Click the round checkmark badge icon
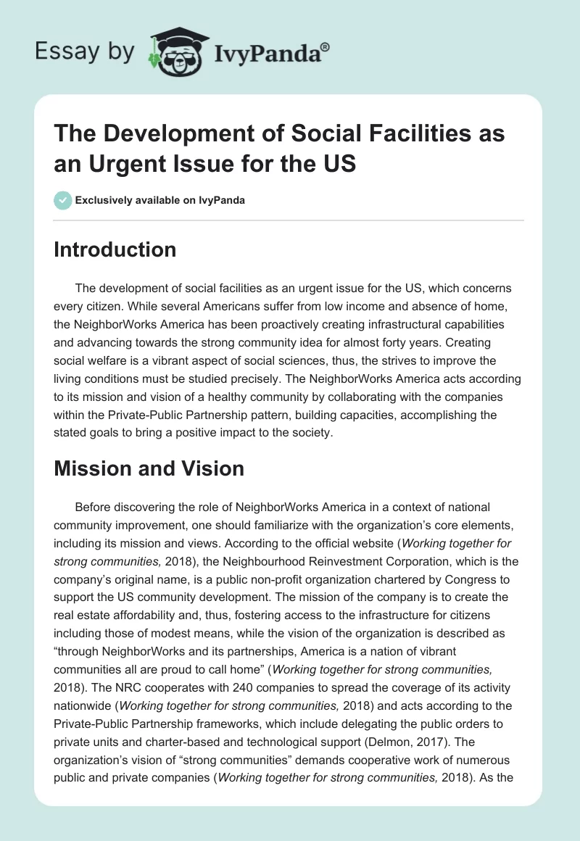(x=62, y=200)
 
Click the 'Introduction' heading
(x=115, y=249)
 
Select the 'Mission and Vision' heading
(x=149, y=468)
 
